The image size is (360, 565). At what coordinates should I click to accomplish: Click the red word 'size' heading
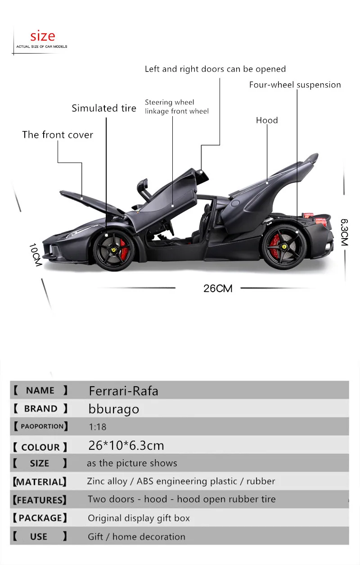(x=43, y=36)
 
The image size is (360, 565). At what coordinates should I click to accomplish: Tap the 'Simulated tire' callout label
(x=104, y=108)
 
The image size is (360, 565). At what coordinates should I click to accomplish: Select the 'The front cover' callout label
(x=58, y=135)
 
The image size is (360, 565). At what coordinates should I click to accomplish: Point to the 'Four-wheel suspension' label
(x=295, y=85)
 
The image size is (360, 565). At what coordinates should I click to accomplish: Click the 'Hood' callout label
(x=267, y=120)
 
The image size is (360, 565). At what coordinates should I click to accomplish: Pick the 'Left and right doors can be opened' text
(x=215, y=69)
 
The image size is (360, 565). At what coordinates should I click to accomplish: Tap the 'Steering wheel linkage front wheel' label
(x=176, y=107)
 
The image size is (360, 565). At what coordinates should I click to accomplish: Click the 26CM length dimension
(x=218, y=289)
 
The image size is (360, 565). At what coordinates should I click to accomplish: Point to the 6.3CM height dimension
(x=345, y=232)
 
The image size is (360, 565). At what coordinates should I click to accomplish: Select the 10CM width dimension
(x=35, y=255)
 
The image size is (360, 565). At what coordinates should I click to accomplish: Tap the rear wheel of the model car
(x=284, y=247)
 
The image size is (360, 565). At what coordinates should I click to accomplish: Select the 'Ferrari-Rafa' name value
(x=123, y=391)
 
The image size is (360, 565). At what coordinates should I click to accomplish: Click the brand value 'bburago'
(x=114, y=409)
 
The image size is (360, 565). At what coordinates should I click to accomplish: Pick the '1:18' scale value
(x=97, y=426)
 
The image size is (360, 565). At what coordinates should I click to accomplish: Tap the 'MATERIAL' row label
(x=40, y=482)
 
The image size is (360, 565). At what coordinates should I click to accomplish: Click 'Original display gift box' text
(x=139, y=518)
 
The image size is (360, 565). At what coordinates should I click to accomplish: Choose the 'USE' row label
(x=39, y=537)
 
